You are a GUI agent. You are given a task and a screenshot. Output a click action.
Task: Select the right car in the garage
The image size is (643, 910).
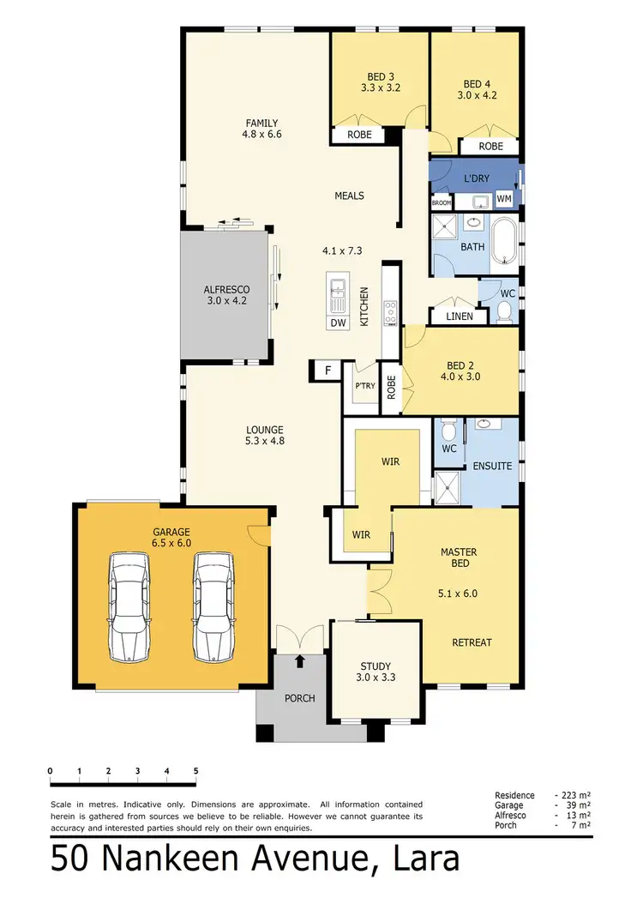point(213,606)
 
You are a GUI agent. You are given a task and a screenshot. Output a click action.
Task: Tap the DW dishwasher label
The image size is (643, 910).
point(338,322)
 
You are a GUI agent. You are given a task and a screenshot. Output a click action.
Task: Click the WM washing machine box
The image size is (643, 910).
point(504,199)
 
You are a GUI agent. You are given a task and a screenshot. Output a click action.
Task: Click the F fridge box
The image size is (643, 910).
point(327,370)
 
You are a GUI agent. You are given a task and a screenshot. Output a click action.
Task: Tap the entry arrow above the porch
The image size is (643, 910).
point(300,660)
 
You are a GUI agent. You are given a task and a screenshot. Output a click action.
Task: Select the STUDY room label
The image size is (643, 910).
point(376,666)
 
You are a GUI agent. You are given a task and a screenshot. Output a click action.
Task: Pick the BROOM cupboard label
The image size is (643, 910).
point(442,203)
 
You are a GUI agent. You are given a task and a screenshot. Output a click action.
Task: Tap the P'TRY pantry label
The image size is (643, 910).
point(365,387)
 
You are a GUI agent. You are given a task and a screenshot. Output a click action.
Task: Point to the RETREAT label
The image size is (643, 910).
point(472,642)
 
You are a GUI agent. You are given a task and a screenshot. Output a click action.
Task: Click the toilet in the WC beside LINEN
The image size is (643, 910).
point(504,313)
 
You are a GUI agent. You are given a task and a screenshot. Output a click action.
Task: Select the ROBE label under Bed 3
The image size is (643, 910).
point(359,135)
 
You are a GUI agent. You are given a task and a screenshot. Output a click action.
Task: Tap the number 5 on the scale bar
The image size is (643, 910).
point(196,771)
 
